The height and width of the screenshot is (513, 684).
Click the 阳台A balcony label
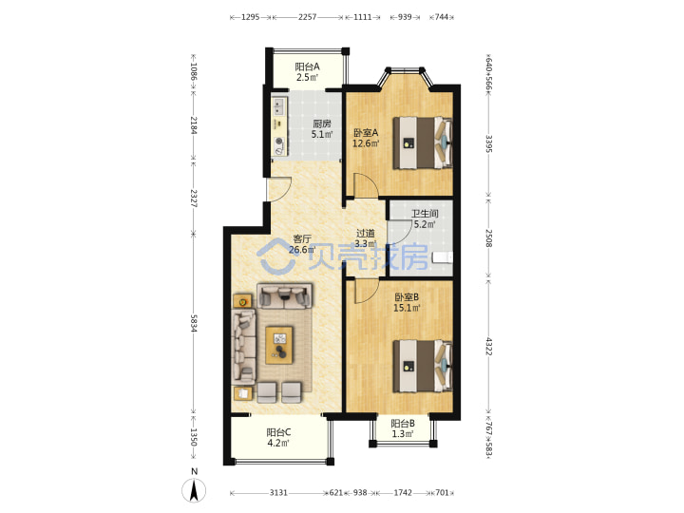tap(307, 66)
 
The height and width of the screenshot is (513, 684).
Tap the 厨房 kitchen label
tap(321, 123)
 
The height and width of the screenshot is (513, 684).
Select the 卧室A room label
tap(366, 132)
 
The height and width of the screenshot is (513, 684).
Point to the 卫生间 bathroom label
tap(425, 214)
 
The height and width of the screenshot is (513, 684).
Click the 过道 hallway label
tap(366, 233)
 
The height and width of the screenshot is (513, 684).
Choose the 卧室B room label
tap(407, 297)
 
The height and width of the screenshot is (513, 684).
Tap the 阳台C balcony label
tap(278, 432)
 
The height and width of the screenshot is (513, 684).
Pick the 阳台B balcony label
tap(403, 423)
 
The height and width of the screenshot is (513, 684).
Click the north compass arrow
tap(194, 490)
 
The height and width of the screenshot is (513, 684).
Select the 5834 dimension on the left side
tap(194, 323)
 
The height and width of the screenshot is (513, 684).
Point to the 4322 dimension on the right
tap(488, 346)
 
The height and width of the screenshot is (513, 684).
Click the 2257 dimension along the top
tap(307, 17)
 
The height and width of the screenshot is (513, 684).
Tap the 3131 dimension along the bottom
tap(278, 492)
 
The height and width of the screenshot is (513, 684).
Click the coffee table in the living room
tap(279, 345)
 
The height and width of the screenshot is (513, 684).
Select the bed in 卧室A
tap(422, 142)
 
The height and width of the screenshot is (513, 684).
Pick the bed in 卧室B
tap(422, 367)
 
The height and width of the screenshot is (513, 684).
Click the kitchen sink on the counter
tap(278, 106)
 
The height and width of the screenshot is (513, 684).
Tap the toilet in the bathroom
tap(442, 257)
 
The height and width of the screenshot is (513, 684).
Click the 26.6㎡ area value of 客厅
tap(302, 250)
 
